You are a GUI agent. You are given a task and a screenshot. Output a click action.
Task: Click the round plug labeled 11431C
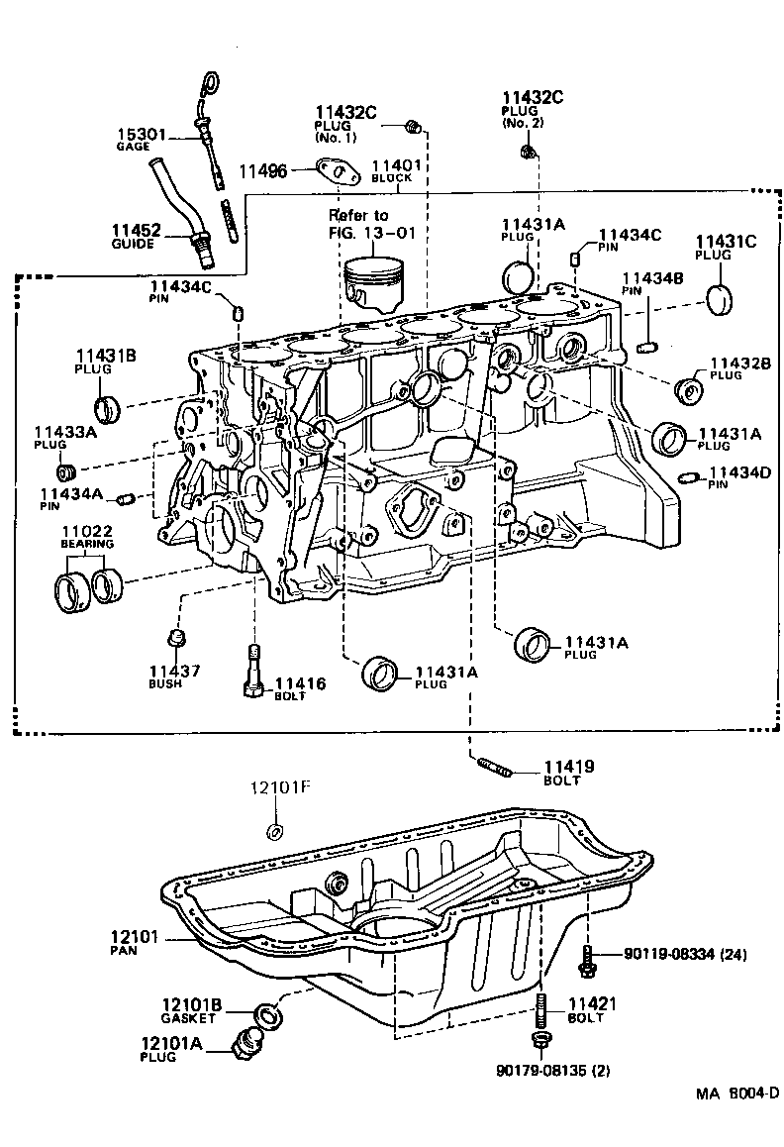[725, 298]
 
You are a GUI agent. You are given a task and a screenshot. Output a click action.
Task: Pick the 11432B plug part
[687, 389]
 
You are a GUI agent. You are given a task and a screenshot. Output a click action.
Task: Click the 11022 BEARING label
[87, 538]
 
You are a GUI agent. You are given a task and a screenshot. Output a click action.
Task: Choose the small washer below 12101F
[277, 830]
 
